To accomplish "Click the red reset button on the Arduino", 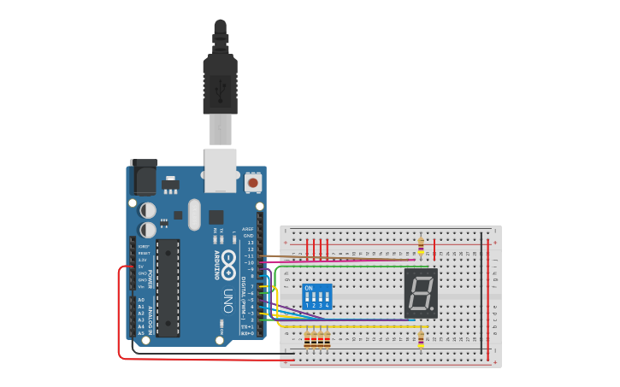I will (253, 182).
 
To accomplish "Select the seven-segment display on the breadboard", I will (420, 293).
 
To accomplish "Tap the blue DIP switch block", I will (317, 296).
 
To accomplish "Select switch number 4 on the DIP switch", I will (327, 298).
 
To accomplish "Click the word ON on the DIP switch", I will (309, 288).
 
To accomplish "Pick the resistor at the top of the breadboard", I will (421, 245).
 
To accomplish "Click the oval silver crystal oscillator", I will (194, 214).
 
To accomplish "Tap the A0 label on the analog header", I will (141, 300).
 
